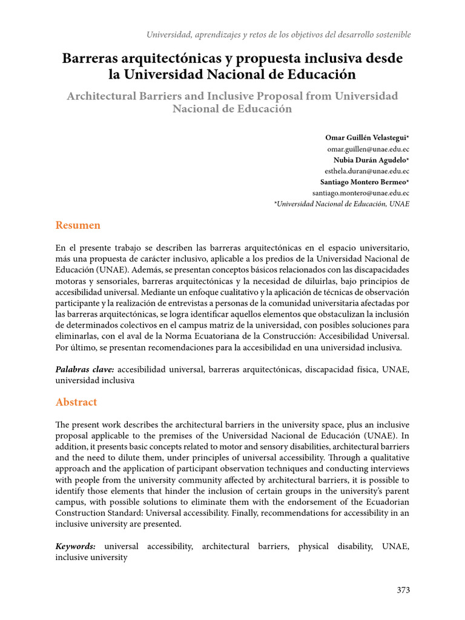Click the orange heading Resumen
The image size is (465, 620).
(x=77, y=225)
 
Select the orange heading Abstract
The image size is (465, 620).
(x=76, y=402)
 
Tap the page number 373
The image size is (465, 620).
(x=403, y=590)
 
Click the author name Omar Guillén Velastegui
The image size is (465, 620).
(x=367, y=137)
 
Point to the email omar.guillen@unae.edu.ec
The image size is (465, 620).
(x=368, y=149)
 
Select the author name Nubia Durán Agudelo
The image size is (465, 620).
(x=371, y=160)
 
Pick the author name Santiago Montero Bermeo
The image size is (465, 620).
(x=364, y=182)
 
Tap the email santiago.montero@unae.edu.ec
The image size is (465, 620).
(x=361, y=193)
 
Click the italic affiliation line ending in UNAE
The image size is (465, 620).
(x=342, y=204)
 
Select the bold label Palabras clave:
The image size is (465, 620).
(x=85, y=369)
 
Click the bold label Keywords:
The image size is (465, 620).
(x=76, y=546)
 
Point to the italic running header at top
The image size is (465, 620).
(x=279, y=35)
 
